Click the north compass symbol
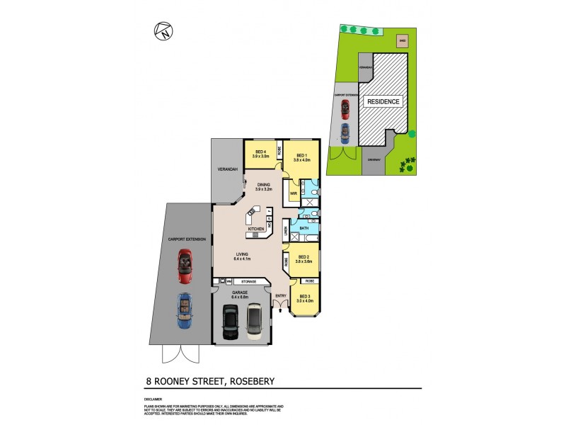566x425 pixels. [161, 30]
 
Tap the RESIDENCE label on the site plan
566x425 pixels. [383, 101]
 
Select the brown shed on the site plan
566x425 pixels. [401, 41]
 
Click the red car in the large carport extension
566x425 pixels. [185, 263]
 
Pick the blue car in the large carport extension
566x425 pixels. [183, 310]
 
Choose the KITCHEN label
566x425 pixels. [256, 229]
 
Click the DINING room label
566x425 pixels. [263, 186]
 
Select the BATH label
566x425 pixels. [304, 228]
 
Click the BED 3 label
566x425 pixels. [304, 296]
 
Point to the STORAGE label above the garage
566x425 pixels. [248, 281]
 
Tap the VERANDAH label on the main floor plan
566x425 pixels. [225, 169]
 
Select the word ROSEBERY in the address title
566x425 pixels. [246, 382]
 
